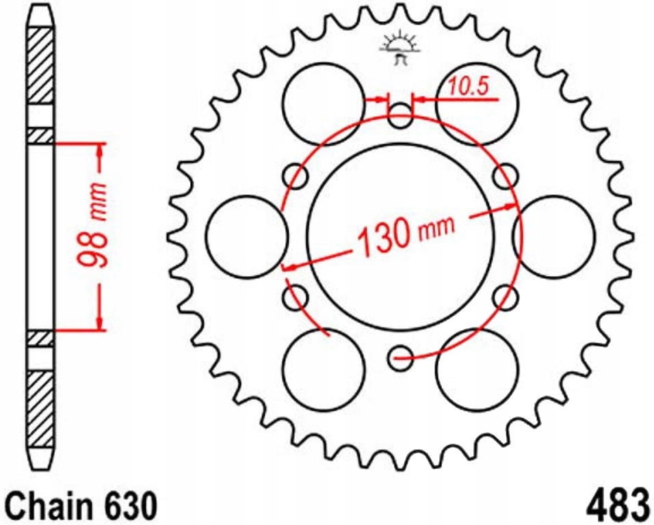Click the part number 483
[x=617, y=504]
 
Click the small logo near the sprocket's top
[x=400, y=48]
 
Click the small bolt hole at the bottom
[x=401, y=356]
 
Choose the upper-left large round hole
[x=324, y=103]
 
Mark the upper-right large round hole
[x=478, y=103]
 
